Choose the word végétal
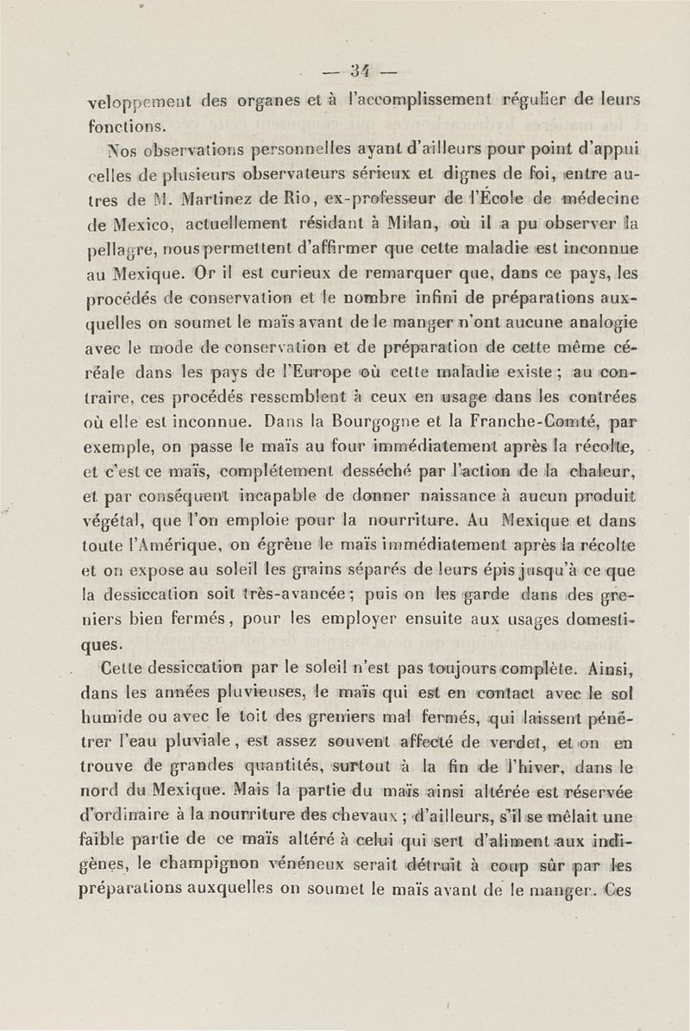click(x=121, y=523)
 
